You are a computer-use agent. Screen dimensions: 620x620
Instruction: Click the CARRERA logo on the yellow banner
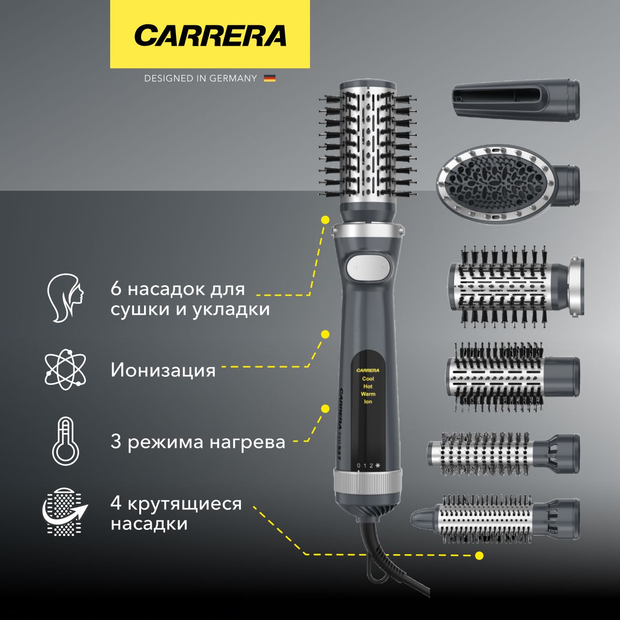pos(210,35)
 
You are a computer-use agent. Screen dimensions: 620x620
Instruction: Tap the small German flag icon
pos(270,78)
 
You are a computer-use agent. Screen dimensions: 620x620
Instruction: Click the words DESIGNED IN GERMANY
pos(200,78)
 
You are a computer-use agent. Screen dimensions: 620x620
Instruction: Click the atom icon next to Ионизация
pos(65,368)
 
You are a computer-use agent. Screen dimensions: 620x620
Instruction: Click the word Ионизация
pos(163,370)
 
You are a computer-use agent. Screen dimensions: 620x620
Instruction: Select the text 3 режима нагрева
pos(197,442)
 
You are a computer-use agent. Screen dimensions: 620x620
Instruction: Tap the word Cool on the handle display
pos(368,379)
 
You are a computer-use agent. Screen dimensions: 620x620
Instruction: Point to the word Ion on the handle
pos(368,402)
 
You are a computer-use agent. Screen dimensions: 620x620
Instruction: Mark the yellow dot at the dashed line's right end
pos(479,556)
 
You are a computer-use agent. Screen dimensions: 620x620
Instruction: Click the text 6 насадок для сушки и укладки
pos(190,299)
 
